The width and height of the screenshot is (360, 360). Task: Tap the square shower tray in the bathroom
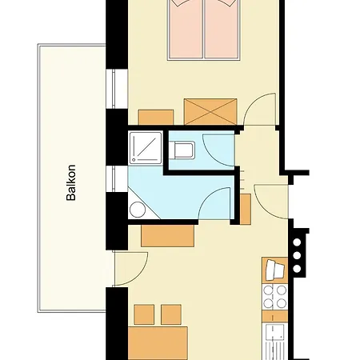(x=145, y=147)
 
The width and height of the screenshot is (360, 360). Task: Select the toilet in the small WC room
(x=182, y=148)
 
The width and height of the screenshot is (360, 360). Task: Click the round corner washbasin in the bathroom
(x=138, y=210)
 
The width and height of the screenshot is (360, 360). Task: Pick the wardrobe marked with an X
(x=211, y=110)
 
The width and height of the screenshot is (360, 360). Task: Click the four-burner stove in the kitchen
(x=277, y=296)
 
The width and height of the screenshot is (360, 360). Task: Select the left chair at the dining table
(x=145, y=313)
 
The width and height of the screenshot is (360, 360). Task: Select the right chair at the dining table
(x=171, y=313)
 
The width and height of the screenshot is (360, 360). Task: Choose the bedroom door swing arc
(x=260, y=109)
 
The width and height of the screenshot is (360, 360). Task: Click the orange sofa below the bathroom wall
(x=168, y=236)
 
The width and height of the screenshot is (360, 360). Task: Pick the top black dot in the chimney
(x=298, y=241)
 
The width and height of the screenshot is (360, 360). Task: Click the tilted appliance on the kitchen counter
(x=276, y=267)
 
